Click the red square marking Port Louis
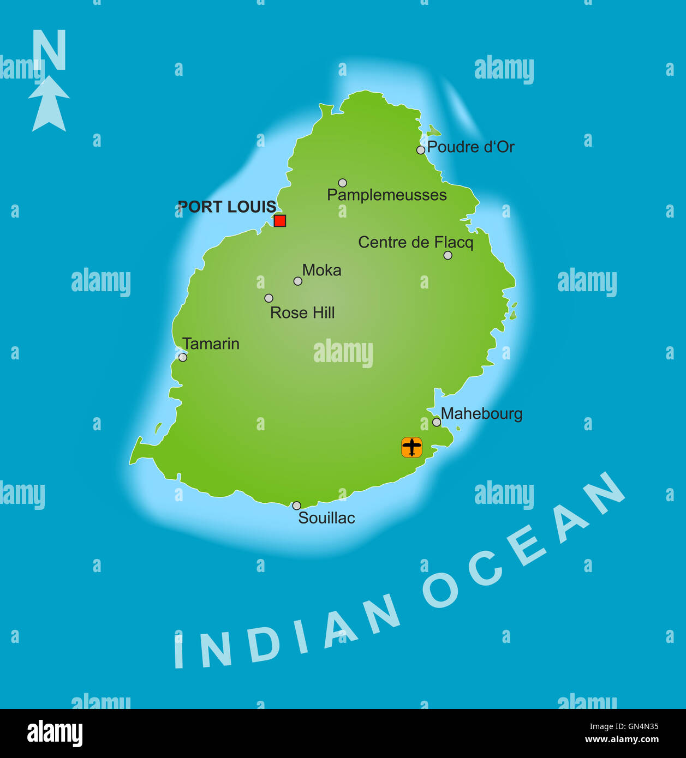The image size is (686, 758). click(280, 220)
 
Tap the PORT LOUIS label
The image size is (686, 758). click(227, 207)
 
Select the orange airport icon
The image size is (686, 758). click(411, 447)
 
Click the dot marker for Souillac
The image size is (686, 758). click(296, 506)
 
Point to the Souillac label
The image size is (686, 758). click(326, 518)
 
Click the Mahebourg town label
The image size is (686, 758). click(481, 414)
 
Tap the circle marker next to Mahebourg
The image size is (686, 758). click(437, 422)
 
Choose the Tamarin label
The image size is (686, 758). click(211, 344)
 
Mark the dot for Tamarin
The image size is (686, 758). click(183, 357)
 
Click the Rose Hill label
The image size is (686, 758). click(302, 312)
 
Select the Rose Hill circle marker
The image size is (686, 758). click(269, 298)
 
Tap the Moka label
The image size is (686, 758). click(321, 270)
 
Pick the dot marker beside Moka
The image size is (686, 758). click(297, 281)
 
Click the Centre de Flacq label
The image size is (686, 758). click(415, 242)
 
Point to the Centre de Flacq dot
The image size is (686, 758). click(448, 255)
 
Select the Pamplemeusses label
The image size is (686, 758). click(386, 195)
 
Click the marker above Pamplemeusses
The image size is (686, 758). click(342, 183)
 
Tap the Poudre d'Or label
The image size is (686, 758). click(470, 147)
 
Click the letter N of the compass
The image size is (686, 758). click(49, 50)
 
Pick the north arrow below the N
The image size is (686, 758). click(49, 104)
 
